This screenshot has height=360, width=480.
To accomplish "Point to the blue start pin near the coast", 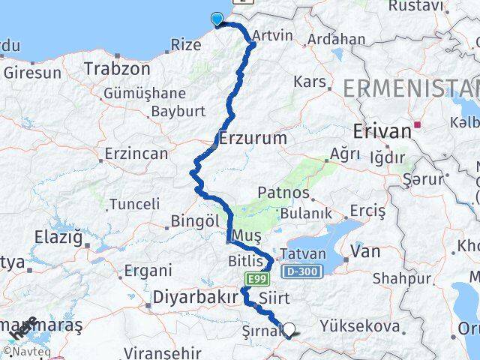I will pyautogui.click(x=217, y=20).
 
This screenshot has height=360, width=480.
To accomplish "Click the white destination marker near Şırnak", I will pyautogui.click(x=288, y=328).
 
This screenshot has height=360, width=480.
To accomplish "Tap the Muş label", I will pyautogui.click(x=247, y=236).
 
